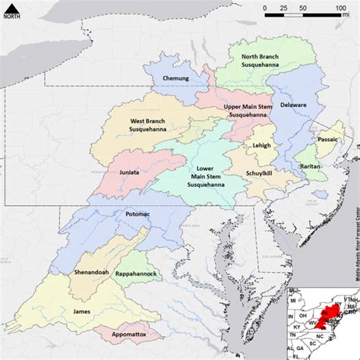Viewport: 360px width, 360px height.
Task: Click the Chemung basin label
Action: tap(175, 78)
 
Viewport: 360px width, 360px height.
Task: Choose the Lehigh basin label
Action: tap(261, 144)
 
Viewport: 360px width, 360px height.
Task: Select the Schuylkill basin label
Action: tap(258, 174)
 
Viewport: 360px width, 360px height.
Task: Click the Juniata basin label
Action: tap(130, 172)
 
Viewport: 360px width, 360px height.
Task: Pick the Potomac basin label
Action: tap(128, 215)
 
